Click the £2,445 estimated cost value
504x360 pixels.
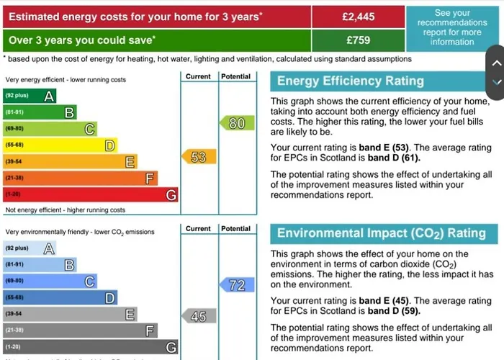(358, 16)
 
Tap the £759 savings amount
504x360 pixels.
(358, 40)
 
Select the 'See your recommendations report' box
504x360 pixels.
(451, 27)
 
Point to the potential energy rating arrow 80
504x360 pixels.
(236, 123)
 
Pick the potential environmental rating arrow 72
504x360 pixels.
(236, 285)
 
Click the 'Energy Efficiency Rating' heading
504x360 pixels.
(351, 81)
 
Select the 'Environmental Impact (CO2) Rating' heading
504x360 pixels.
(382, 233)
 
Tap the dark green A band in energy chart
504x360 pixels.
(29, 96)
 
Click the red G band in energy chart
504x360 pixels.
(90, 195)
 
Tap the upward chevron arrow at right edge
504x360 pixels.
(496, 63)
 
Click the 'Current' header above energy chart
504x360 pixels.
(198, 76)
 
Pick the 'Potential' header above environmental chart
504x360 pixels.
(236, 229)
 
